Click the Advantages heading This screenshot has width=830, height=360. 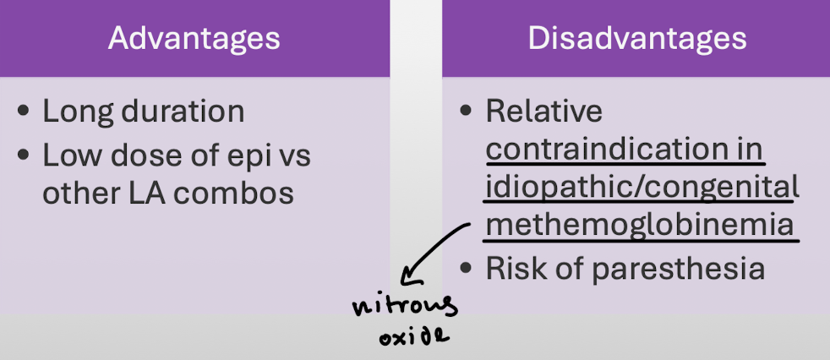click(x=194, y=38)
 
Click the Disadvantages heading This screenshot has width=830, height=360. click(x=637, y=38)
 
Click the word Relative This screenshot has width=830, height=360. click(x=544, y=112)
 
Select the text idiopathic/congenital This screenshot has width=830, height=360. click(x=642, y=187)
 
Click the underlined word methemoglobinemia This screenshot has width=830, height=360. click(x=640, y=226)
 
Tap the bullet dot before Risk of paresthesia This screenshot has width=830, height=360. click(x=467, y=269)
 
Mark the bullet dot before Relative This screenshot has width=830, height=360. click(x=467, y=112)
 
